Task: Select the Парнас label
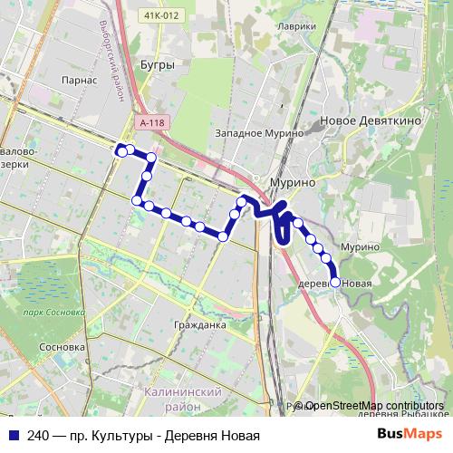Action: (81, 80)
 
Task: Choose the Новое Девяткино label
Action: (369, 120)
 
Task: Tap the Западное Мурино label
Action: (258, 134)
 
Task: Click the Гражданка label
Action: (198, 323)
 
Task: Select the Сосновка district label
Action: (63, 346)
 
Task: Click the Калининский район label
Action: (182, 399)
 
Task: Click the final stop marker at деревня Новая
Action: (335, 283)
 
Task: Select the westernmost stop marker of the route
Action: (121, 151)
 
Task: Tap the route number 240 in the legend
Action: (39, 435)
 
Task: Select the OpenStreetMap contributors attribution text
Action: (374, 406)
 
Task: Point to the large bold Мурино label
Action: (293, 182)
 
